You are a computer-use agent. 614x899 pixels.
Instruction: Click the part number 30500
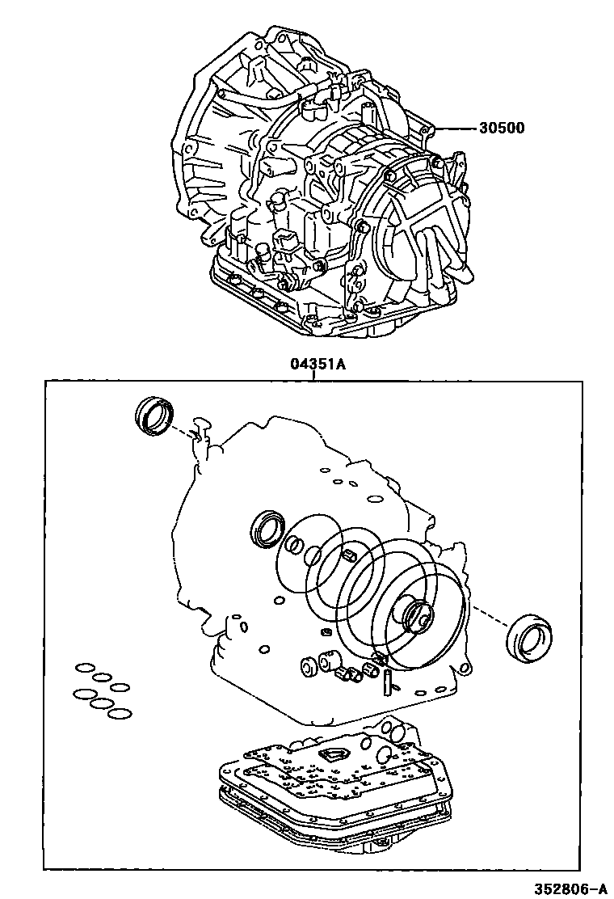pos(500,128)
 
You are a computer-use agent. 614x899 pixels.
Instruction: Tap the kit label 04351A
pos(318,365)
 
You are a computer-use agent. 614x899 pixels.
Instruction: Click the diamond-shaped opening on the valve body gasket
pos(331,753)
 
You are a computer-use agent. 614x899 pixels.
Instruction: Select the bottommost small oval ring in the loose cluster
pos(119,714)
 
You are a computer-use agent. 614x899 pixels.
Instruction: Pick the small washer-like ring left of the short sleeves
pos(308,667)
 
